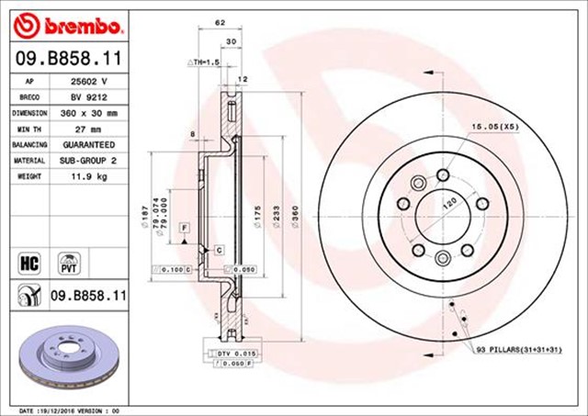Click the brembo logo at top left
[x=64, y=21]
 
